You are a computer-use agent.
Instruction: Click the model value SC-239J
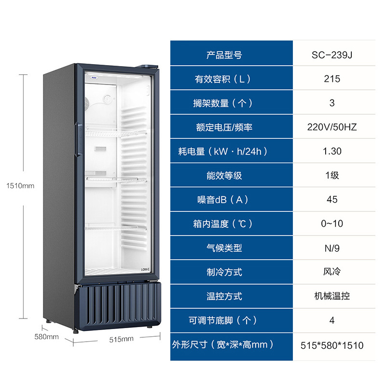[332, 55]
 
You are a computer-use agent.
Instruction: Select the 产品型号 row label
[224, 55]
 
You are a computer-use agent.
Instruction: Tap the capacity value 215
[332, 79]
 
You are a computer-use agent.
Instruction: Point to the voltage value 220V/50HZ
[332, 127]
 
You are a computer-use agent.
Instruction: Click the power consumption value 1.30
[332, 152]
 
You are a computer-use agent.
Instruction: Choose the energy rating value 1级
[332, 176]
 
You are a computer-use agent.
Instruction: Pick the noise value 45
[332, 200]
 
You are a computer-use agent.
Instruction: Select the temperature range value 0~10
[332, 224]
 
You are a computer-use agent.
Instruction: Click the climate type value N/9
[332, 248]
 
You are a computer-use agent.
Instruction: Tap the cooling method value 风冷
[332, 272]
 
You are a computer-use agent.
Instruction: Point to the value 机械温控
[332, 296]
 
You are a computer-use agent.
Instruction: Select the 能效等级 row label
[224, 176]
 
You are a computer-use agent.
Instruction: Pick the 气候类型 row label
[224, 248]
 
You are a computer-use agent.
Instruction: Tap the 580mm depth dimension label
[47, 336]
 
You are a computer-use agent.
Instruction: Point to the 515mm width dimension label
[121, 339]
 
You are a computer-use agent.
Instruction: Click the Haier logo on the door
[91, 76]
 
